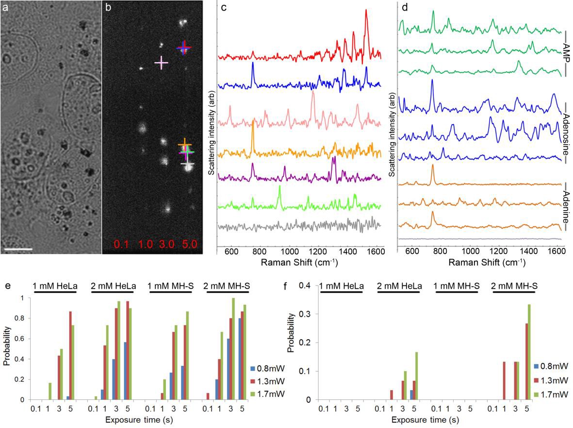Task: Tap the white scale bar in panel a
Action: coord(18,249)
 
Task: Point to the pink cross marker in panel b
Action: coord(161,63)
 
